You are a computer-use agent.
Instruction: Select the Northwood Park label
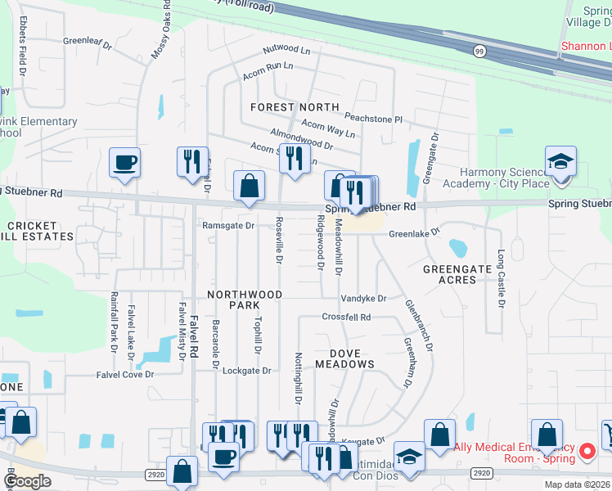coord(245,300)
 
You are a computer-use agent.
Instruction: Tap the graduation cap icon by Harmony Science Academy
coord(561,161)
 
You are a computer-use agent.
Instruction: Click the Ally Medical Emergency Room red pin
coord(587,451)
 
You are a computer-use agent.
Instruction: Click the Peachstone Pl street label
coord(373,119)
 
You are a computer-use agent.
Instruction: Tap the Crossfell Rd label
coord(346,317)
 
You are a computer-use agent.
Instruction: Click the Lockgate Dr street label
coord(246,371)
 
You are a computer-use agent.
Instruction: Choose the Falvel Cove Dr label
coord(126,375)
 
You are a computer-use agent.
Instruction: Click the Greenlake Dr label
coord(413,233)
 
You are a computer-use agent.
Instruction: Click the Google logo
coord(27,481)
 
